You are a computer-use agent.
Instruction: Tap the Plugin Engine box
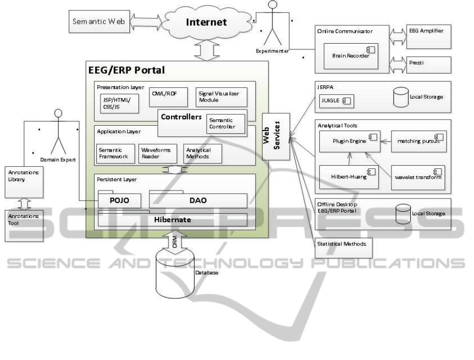[x=344, y=142]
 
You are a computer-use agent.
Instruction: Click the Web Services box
[x=273, y=137]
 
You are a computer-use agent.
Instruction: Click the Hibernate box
[x=172, y=219]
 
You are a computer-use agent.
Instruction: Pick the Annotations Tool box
[x=22, y=225]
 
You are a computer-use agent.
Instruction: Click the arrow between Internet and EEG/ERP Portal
[x=213, y=50]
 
